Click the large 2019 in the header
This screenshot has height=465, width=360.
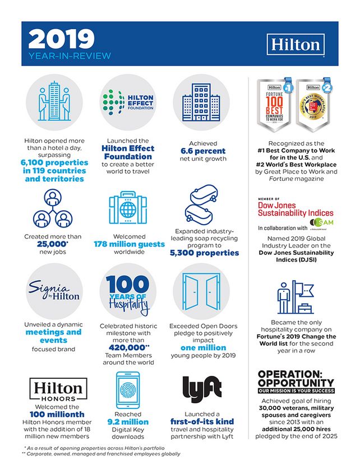coord(61,39)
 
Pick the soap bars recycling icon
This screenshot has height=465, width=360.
coord(204,205)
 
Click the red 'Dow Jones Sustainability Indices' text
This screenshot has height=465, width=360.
coord(296,209)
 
